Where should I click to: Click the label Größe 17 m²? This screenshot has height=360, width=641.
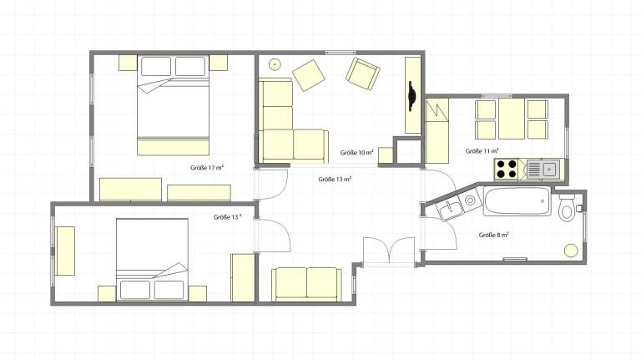[207, 168]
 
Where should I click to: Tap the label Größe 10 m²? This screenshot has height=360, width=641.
[357, 153]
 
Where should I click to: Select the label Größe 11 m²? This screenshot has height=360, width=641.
[482, 151]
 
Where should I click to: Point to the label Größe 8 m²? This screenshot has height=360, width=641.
[494, 236]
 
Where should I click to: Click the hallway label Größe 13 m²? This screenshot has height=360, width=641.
[336, 180]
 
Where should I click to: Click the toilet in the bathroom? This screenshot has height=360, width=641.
[567, 208]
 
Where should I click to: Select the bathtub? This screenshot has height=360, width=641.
[517, 200]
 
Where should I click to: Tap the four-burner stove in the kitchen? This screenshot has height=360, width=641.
[506, 169]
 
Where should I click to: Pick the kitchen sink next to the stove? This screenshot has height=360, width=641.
[543, 169]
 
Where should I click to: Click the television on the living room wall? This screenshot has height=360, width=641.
[412, 96]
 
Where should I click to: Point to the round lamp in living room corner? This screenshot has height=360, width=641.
[275, 63]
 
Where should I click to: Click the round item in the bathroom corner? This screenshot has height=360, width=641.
[571, 251]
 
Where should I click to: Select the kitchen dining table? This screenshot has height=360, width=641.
[512, 119]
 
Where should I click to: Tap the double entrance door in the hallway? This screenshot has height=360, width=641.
[390, 251]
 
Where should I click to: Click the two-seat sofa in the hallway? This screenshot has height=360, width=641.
[307, 284]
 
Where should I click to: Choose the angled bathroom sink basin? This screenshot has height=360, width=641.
[451, 210]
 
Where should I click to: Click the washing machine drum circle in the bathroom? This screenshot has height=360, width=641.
[471, 200]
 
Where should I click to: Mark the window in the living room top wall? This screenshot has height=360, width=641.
[341, 53]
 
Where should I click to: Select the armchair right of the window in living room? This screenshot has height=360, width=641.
[363, 74]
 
